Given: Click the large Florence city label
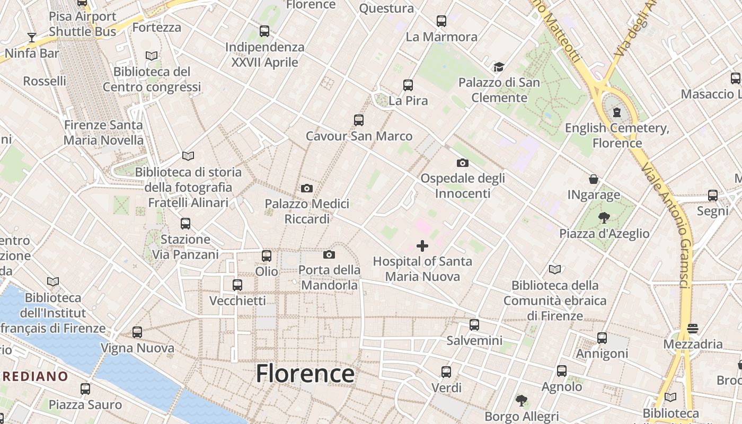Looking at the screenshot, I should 305,374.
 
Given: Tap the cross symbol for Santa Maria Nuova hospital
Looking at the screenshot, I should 422,246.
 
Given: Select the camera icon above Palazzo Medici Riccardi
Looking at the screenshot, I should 306,188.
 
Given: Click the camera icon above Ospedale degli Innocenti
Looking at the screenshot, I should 463,163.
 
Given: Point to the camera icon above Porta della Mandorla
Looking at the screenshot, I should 329,255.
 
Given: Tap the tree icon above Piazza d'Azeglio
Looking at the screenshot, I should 604,217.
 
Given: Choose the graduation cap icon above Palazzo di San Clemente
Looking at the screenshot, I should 499,67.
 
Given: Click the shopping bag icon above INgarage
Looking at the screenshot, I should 594,180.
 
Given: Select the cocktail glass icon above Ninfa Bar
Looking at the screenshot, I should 32,38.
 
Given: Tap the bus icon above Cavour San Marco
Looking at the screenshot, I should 359,120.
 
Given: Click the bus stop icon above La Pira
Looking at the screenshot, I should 408,85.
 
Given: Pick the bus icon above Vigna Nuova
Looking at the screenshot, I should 137,332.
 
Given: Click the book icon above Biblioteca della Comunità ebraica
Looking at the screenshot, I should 555,270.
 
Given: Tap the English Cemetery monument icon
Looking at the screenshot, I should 617,112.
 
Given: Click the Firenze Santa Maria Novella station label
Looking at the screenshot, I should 103,132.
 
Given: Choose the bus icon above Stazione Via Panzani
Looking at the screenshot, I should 185,224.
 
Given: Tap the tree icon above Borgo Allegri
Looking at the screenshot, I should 522,400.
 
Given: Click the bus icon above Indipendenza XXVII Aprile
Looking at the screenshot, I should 264,31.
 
